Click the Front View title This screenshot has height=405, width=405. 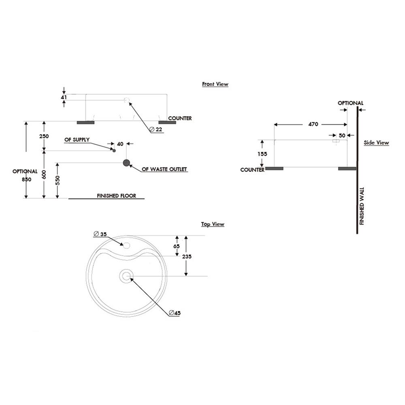[x=215, y=84]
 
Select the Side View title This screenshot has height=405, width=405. [x=376, y=143]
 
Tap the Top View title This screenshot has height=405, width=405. [x=213, y=224]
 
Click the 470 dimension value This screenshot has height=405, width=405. [x=313, y=124]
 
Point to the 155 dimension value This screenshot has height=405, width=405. [x=262, y=154]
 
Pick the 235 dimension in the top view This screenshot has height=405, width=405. [x=187, y=256]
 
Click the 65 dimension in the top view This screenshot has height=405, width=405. [x=177, y=246]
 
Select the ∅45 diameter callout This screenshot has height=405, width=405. [x=175, y=313]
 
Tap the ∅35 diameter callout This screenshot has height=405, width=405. [x=100, y=234]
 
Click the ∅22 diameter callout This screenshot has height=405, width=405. [x=156, y=129]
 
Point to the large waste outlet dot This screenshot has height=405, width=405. [x=126, y=163]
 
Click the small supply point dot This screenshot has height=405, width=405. [x=114, y=150]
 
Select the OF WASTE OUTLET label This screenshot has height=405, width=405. [x=164, y=169]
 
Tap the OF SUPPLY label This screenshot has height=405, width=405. [x=77, y=140]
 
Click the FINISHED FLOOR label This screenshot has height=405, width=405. [x=117, y=196]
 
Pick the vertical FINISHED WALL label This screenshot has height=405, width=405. [x=362, y=206]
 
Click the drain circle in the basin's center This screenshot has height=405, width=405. [x=126, y=276]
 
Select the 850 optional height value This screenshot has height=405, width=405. [x=27, y=179]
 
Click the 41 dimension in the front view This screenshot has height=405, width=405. [x=64, y=97]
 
